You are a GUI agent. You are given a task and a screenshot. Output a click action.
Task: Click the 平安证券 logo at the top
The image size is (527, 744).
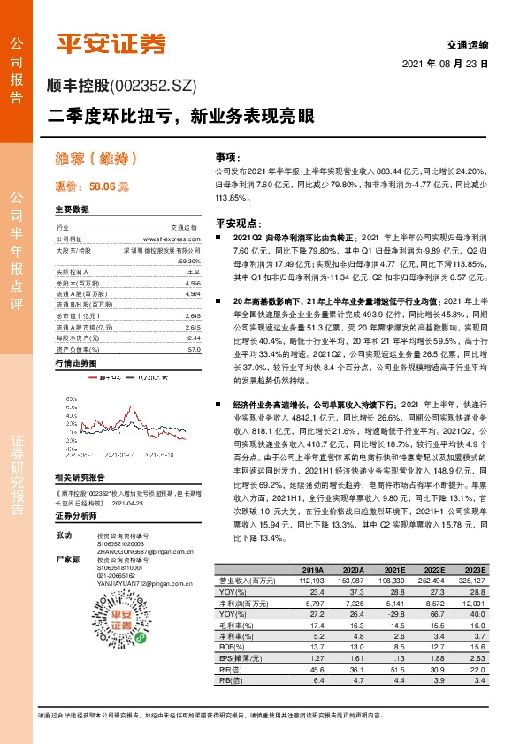coord(111,43)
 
